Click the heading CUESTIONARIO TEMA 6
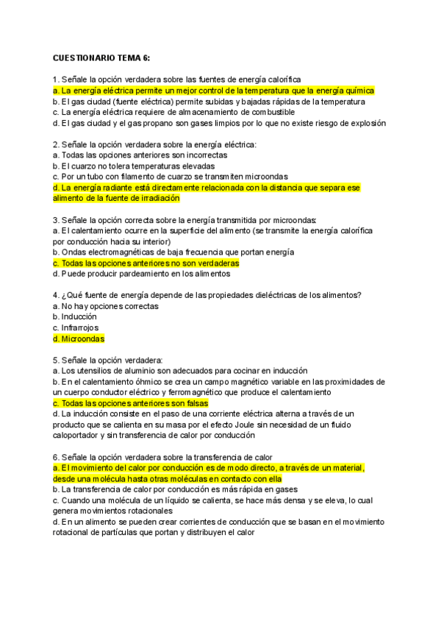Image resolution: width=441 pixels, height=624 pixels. (x=101, y=57)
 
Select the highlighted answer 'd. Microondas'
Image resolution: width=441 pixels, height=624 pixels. (x=79, y=339)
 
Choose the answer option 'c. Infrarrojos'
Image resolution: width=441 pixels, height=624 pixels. (x=76, y=328)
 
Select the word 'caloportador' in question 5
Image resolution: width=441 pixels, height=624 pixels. (x=79, y=436)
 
